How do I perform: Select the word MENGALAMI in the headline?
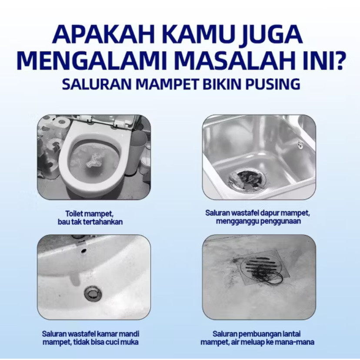click(x=92, y=60)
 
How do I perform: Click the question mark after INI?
click(x=337, y=60)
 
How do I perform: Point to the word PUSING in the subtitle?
click(x=273, y=84)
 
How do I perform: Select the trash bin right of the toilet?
click(x=138, y=152)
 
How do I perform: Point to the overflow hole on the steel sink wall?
click(x=300, y=144)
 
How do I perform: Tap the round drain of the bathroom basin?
click(x=93, y=293)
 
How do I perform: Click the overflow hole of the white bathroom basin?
click(x=83, y=250)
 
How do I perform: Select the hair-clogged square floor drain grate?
click(x=263, y=267)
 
